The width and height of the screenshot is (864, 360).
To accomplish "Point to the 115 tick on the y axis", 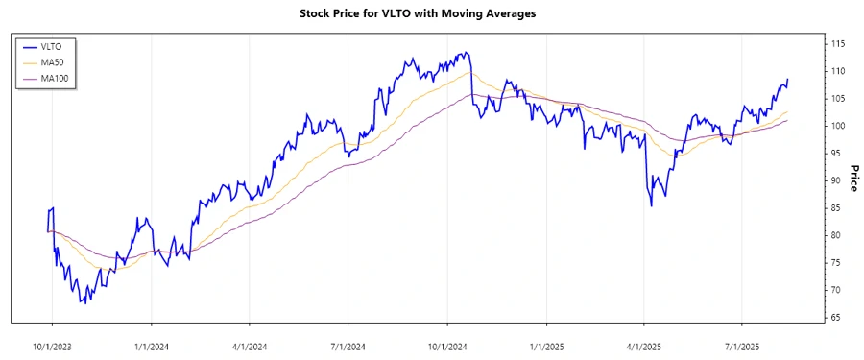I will click(x=838, y=44).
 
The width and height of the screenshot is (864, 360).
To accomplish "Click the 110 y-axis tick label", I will click(x=838, y=71).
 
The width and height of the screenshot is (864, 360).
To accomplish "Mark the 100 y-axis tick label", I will click(x=838, y=126).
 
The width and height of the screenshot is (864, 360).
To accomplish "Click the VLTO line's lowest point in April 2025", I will click(x=652, y=205).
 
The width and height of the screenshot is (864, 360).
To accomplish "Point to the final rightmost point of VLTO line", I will click(x=788, y=80).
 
